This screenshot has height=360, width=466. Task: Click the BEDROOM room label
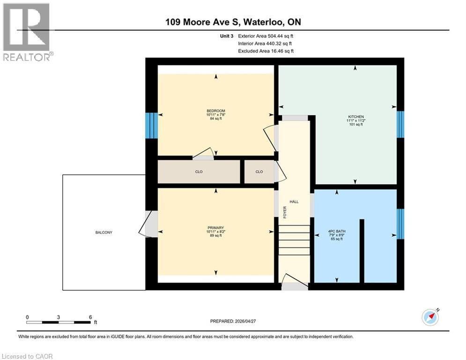point(216,111)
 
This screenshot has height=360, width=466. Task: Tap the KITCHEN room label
point(355,117)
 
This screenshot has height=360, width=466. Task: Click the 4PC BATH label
point(337,232)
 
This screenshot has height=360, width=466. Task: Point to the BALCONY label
point(104,232)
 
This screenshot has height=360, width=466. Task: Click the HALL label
point(294,202)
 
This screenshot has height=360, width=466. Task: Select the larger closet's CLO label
point(199,172)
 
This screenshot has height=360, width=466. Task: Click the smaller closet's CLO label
point(259,172)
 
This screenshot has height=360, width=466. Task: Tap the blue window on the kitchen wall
point(400,124)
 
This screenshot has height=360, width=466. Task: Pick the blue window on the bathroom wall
point(400,224)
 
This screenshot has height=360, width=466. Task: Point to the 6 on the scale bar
point(90,317)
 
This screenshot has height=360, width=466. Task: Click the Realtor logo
point(26,32)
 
